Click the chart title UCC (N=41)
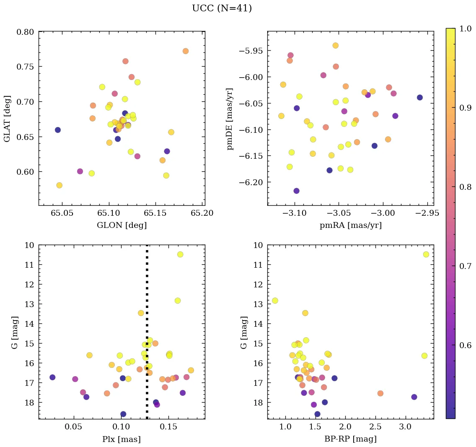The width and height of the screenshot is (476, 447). tap(222, 8)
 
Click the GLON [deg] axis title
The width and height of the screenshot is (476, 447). tap(122, 225)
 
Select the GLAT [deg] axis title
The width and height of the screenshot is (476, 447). tap(7, 118)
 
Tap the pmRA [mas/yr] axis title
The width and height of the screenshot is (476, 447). tap(350, 225)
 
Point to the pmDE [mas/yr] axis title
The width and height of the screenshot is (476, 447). tap(230, 119)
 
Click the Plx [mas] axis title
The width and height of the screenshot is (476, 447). tap(122, 439)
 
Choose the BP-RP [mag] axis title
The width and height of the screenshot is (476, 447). tap(350, 439)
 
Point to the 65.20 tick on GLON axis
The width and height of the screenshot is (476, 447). tap(202, 213)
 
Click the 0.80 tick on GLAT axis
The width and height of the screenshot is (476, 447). tap(26, 32)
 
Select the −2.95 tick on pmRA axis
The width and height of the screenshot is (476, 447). tap(427, 213)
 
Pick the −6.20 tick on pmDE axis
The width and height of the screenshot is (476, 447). tap(251, 182)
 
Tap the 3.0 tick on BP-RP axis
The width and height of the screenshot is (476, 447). tap(405, 427)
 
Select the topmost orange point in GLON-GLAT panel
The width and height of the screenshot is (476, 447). tap(186, 51)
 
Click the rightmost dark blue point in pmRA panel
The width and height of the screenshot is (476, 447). tap(420, 98)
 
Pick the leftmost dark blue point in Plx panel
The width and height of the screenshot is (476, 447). tap(52, 377)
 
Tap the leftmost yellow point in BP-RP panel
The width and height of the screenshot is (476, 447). tap(275, 301)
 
